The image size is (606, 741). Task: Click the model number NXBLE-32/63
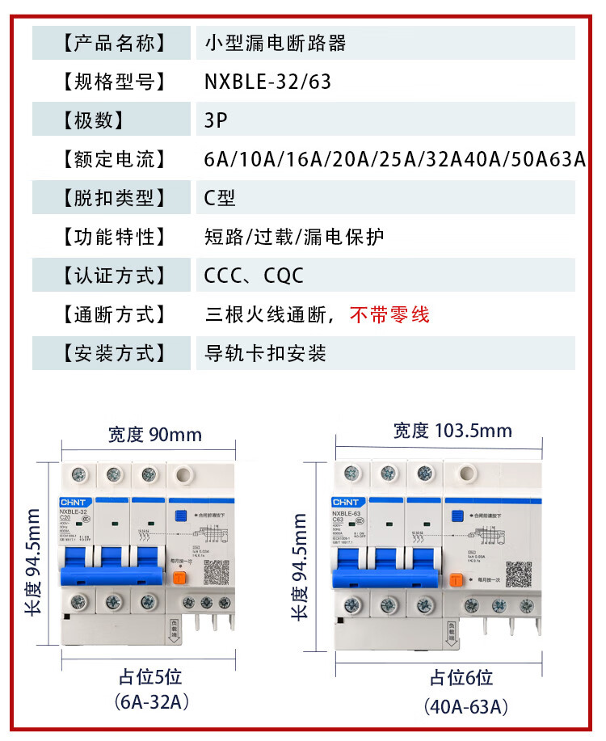(267, 82)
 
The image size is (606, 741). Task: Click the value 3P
(217, 120)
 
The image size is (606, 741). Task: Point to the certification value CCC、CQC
(254, 276)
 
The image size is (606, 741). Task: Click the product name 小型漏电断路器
(276, 43)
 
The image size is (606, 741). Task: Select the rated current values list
(395, 159)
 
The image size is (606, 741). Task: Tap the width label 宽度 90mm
(154, 435)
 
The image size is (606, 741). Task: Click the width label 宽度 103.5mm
(452, 431)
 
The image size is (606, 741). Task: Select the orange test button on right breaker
(457, 579)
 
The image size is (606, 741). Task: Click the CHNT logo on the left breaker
(72, 500)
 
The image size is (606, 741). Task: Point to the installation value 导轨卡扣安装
(265, 353)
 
